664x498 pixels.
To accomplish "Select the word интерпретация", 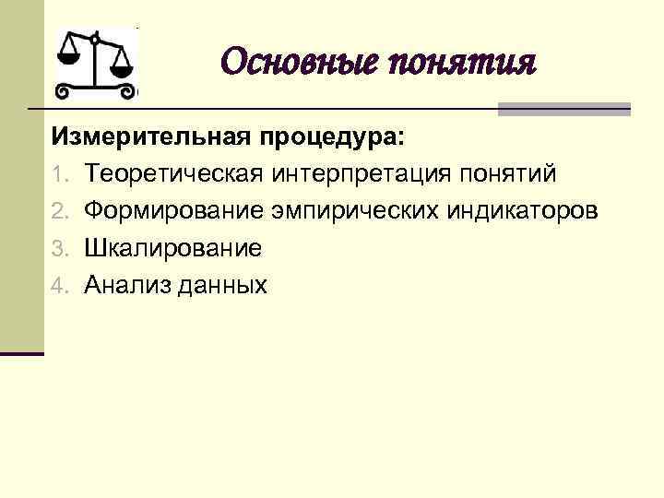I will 353,174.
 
